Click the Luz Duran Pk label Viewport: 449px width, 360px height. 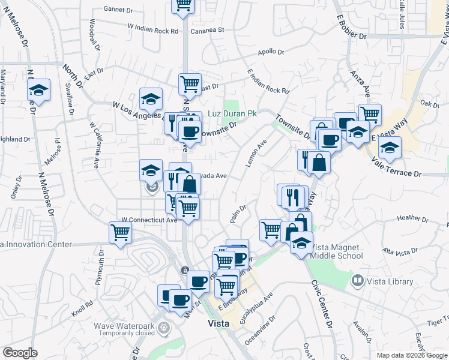click(x=232, y=113)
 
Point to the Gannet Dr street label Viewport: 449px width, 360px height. click(x=118, y=10)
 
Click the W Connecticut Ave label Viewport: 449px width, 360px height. click(x=149, y=220)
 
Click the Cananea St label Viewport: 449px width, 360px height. click(x=207, y=29)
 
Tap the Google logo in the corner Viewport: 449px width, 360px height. click(x=20, y=353)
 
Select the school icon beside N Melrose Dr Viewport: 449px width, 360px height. click(x=39, y=91)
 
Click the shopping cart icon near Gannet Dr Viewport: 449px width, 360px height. click(x=183, y=4)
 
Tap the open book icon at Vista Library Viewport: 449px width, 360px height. click(x=358, y=280)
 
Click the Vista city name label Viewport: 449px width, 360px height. click(x=218, y=323)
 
